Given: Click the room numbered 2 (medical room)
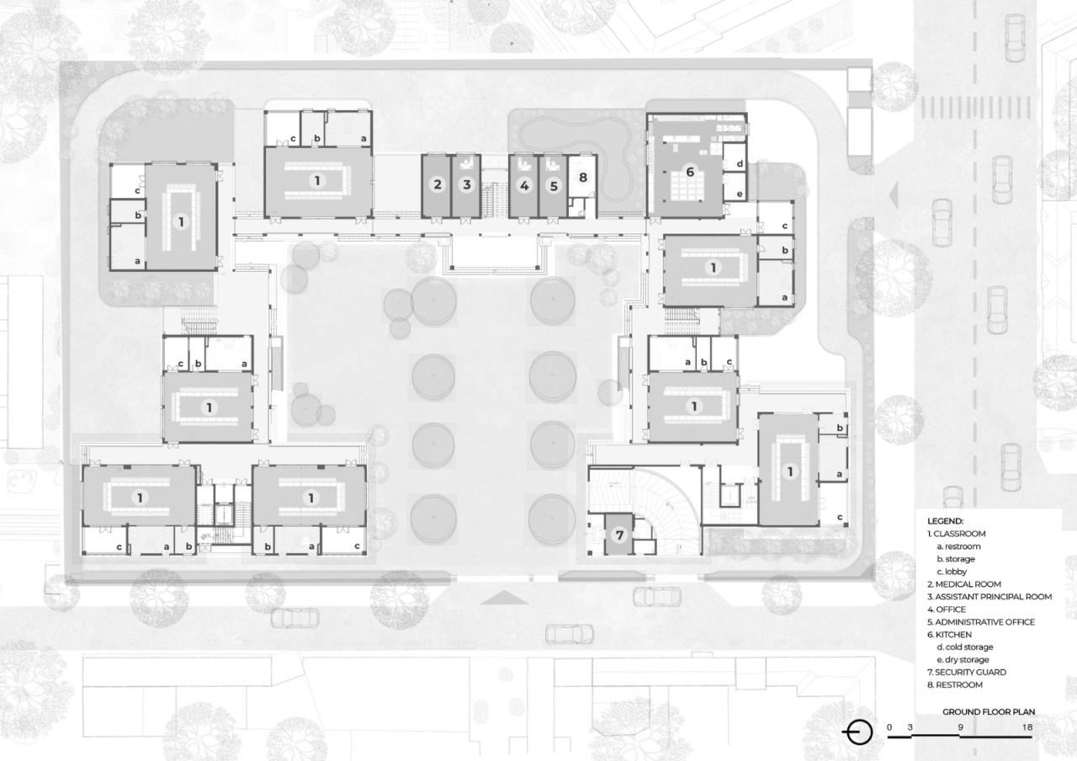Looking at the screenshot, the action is point(437,186).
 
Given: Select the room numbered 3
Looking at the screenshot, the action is point(466,186).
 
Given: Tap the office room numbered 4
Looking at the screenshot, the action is point(524,186).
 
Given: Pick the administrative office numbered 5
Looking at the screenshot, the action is point(554,186).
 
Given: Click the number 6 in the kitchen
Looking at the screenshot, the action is point(690,172).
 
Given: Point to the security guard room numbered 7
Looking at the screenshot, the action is point(618,534).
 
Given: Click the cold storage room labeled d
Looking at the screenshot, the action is point(735,157).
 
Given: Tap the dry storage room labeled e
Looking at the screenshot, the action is point(735,186).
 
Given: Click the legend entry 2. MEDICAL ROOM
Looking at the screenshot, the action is point(964,584).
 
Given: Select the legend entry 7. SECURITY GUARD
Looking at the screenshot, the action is point(967,672).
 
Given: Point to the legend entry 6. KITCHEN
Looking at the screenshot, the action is point(950,635).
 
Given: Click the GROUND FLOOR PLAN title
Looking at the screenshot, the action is point(989,711).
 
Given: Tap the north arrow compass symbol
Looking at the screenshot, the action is point(857,732).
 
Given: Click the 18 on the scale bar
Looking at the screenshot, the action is point(1027,727).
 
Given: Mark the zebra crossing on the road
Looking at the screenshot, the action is point(976,108).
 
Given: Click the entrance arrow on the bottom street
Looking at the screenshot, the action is point(504,598).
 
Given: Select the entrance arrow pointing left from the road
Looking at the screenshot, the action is point(894,194).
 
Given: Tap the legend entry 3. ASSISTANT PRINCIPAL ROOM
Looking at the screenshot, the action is point(989,597).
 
